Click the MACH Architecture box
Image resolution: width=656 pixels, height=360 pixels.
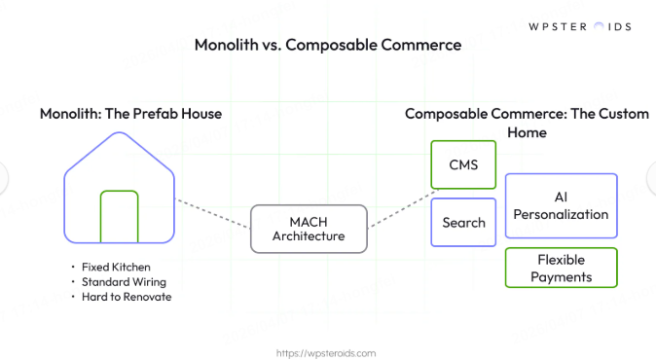[x=309, y=228]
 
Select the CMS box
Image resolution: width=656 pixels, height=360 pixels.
[x=463, y=164]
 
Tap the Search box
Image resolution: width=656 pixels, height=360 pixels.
[x=463, y=223]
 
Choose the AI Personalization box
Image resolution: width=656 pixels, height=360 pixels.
[x=561, y=206]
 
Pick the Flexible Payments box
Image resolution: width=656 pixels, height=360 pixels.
[x=561, y=268]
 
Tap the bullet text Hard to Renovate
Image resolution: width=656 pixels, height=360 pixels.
[x=127, y=297]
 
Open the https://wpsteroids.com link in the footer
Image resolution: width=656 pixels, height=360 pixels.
[x=327, y=353]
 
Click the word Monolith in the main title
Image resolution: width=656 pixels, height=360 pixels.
[x=226, y=45]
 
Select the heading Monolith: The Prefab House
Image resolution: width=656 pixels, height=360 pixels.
[x=130, y=114]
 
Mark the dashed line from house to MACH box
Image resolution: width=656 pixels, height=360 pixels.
[x=211, y=211]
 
